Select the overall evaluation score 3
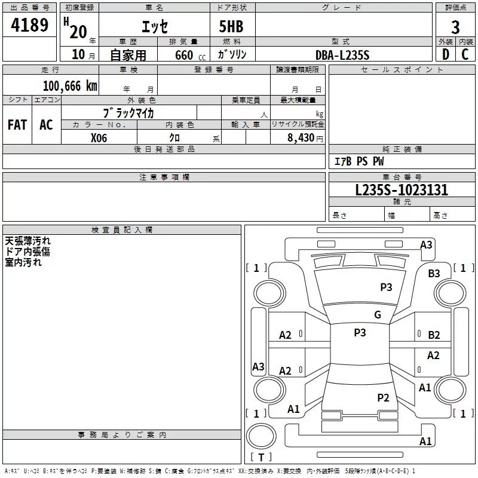coord(455,27)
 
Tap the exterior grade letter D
coord(445,54)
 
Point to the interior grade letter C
coord(465,54)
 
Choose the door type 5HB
coord(231,26)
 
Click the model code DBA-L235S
coord(342,55)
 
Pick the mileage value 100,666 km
coord(69,86)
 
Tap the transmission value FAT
coord(17,124)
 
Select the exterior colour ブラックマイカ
coord(129,112)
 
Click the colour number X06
coord(99,137)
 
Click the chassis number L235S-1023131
coord(402,190)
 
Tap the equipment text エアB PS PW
coord(358,162)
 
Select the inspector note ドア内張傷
coord(27,252)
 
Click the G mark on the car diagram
coord(378,315)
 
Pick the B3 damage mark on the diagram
coord(434,273)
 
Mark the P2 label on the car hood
coord(383,397)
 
